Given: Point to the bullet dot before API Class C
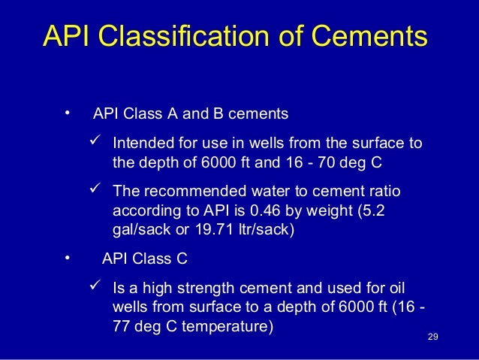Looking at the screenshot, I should pyautogui.click(x=67, y=259).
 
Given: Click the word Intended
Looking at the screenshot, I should pyautogui.click(x=139, y=144).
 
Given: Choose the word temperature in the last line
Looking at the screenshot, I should pyautogui.click(x=228, y=328).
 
